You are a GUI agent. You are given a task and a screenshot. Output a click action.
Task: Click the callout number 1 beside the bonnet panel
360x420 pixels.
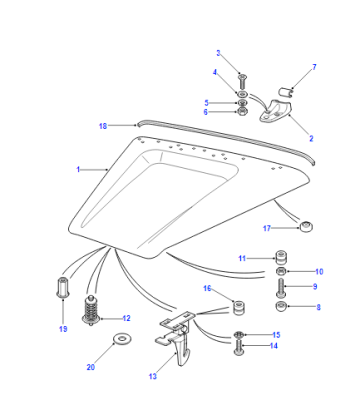[x=78, y=170]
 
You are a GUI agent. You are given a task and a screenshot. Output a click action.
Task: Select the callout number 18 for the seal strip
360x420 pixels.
[x=103, y=126]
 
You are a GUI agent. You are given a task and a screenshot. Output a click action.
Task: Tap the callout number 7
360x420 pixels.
[x=314, y=67]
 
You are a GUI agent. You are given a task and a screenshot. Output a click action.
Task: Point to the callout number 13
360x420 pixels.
[x=153, y=376]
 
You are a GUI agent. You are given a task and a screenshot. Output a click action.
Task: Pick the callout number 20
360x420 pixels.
[x=91, y=367]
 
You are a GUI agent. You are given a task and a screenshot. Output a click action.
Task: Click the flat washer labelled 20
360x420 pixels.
[x=122, y=339]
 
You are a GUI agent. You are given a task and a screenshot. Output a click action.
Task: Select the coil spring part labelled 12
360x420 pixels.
[x=90, y=309]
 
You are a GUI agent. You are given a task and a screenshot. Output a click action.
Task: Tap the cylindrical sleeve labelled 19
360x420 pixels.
[x=63, y=287]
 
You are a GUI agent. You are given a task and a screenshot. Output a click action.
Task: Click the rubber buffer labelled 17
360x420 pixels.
[x=305, y=227]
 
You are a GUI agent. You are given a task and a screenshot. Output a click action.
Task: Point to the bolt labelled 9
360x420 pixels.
[x=281, y=288]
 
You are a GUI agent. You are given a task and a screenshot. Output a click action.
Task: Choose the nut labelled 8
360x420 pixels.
[x=282, y=306]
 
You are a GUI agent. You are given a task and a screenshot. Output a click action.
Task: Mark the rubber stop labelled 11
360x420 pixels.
[x=281, y=257]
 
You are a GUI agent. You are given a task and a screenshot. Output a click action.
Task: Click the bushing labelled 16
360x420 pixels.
[x=239, y=308]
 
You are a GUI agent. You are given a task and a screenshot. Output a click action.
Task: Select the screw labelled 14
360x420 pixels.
[x=238, y=347]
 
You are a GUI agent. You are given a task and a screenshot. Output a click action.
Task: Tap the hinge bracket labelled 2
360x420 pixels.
[x=276, y=111]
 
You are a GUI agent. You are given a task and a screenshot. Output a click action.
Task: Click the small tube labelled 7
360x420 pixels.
[x=287, y=91]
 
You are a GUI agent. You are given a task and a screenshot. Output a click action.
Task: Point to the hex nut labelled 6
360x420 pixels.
[x=243, y=111]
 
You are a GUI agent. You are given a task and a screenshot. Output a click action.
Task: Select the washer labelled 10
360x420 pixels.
[x=281, y=271]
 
